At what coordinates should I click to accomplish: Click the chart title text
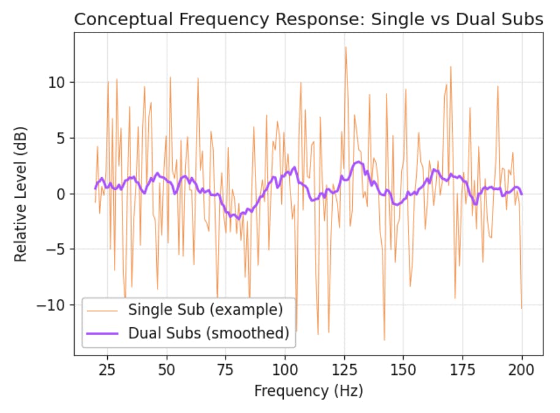point(308,19)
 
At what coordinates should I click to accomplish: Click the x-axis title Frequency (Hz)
point(308,391)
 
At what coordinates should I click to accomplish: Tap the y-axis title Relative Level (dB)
point(21,194)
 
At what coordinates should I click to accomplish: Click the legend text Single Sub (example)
point(205,310)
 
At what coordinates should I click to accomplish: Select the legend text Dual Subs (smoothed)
point(208,333)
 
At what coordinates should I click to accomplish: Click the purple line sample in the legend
point(104,333)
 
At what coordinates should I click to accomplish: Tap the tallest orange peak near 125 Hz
point(346,47)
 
